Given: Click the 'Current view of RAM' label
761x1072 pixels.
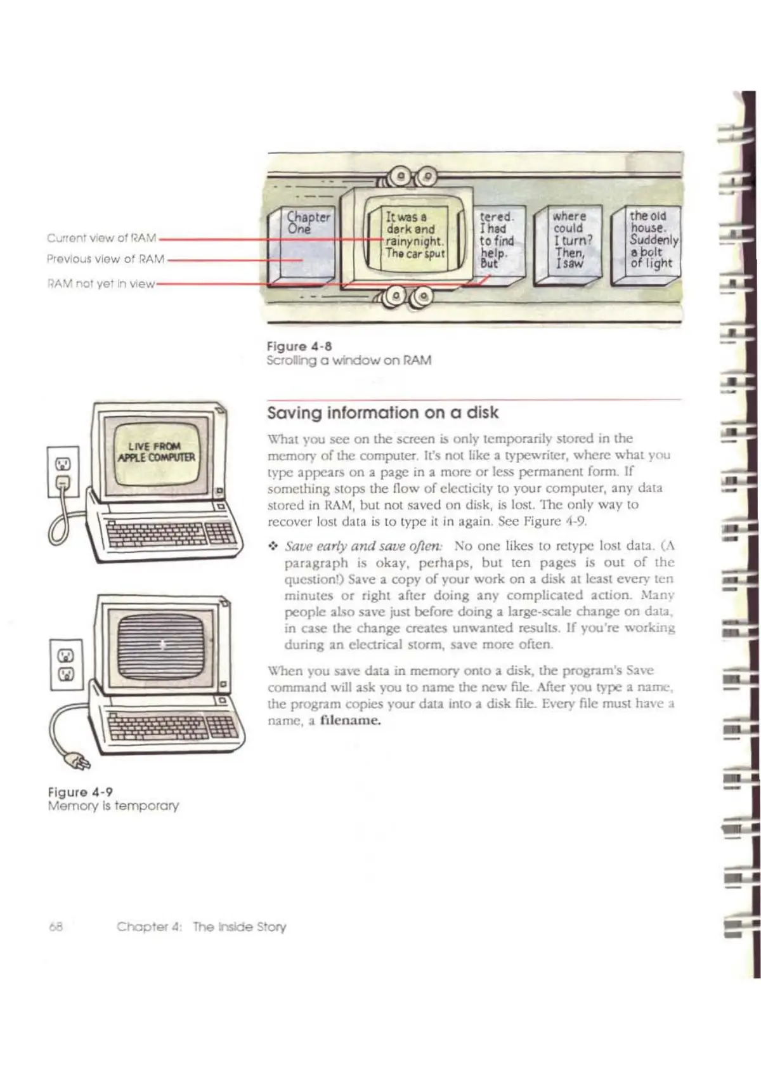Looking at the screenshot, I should pos(101,238).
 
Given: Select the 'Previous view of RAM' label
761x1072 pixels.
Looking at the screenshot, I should pos(105,259).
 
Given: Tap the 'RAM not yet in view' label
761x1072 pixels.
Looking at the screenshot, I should pos(101,284).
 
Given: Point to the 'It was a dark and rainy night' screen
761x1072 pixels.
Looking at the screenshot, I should pos(415,235).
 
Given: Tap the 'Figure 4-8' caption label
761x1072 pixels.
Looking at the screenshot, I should pos(299,346).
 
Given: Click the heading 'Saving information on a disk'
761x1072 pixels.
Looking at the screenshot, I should pos(383,413).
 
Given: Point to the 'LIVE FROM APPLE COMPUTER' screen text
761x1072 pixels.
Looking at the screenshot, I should pos(156,452).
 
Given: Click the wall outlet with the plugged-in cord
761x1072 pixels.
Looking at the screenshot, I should pos(63,473).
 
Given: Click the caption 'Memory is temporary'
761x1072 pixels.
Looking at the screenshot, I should pos(114,806).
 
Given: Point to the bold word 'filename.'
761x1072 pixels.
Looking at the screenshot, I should pos(350,721).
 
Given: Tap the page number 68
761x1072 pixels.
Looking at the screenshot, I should pos(56,927).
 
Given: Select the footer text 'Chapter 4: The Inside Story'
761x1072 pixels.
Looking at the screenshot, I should pos(201,927).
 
